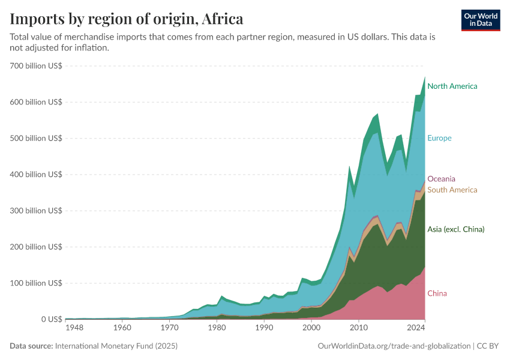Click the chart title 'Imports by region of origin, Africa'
coord(127,19)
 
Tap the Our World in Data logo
coord(481,20)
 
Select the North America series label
coord(452,86)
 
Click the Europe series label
coord(439,138)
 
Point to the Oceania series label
coord(441,179)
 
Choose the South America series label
coord(452,190)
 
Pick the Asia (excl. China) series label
coord(455,229)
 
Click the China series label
coord(437,293)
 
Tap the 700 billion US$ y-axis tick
coord(36,66)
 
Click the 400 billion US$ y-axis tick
coord(36,175)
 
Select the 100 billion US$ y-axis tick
coord(36,283)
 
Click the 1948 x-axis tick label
coord(74,329)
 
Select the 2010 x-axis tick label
coord(358,329)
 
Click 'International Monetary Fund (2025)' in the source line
coord(116,346)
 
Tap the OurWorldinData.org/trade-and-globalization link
coord(394,346)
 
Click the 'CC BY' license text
coord(488,346)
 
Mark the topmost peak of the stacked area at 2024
coord(425,77)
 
